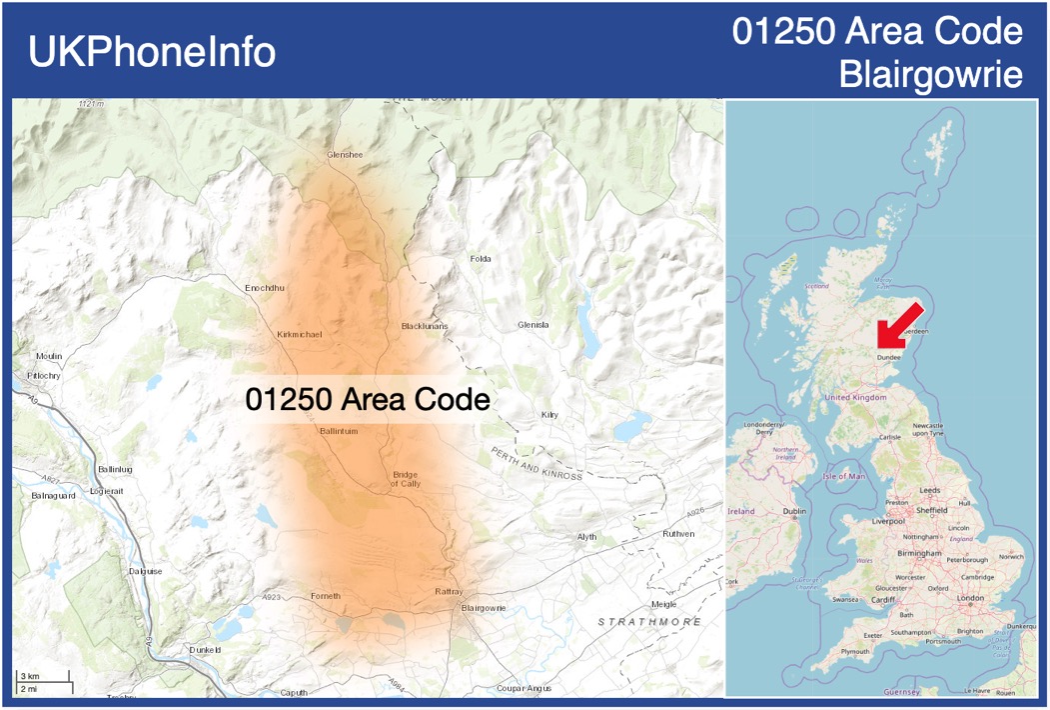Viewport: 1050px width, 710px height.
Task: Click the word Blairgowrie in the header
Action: point(931,74)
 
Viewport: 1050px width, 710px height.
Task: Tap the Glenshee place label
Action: point(345,155)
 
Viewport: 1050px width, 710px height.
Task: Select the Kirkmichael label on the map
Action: point(300,334)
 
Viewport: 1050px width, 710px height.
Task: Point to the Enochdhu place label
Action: point(265,288)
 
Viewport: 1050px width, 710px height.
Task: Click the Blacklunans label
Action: point(425,327)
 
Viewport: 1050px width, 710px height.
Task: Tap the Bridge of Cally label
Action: point(406,478)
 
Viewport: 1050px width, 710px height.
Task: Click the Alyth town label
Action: point(586,537)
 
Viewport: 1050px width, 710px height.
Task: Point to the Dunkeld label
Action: point(205,650)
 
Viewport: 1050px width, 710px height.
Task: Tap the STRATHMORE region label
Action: point(649,622)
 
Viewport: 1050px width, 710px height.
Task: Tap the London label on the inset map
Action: point(970,598)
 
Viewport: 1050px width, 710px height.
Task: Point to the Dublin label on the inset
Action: point(794,511)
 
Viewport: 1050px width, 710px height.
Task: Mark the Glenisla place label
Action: point(533,325)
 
